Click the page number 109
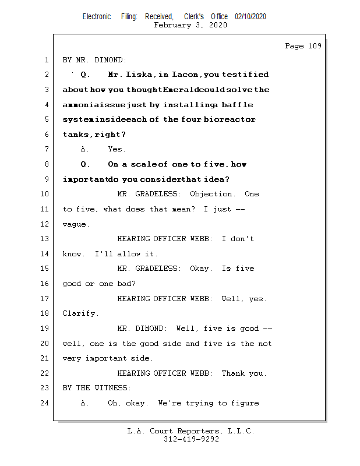pyautogui.click(x=314, y=47)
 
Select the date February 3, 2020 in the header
pyautogui.click(x=190, y=25)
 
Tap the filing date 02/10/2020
pyautogui.click(x=250, y=17)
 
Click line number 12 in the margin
pyautogui.click(x=45, y=224)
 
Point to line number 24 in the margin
pyautogui.click(x=45, y=403)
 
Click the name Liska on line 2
pyautogui.click(x=140, y=75)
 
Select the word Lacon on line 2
pyautogui.click(x=185, y=75)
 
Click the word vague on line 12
pyautogui.click(x=76, y=224)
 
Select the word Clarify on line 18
pyautogui.click(x=80, y=313)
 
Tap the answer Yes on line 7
pyautogui.click(x=117, y=150)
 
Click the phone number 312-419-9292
pyautogui.click(x=191, y=439)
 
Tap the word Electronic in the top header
pyautogui.click(x=97, y=17)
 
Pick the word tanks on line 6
pyautogui.click(x=76, y=135)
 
